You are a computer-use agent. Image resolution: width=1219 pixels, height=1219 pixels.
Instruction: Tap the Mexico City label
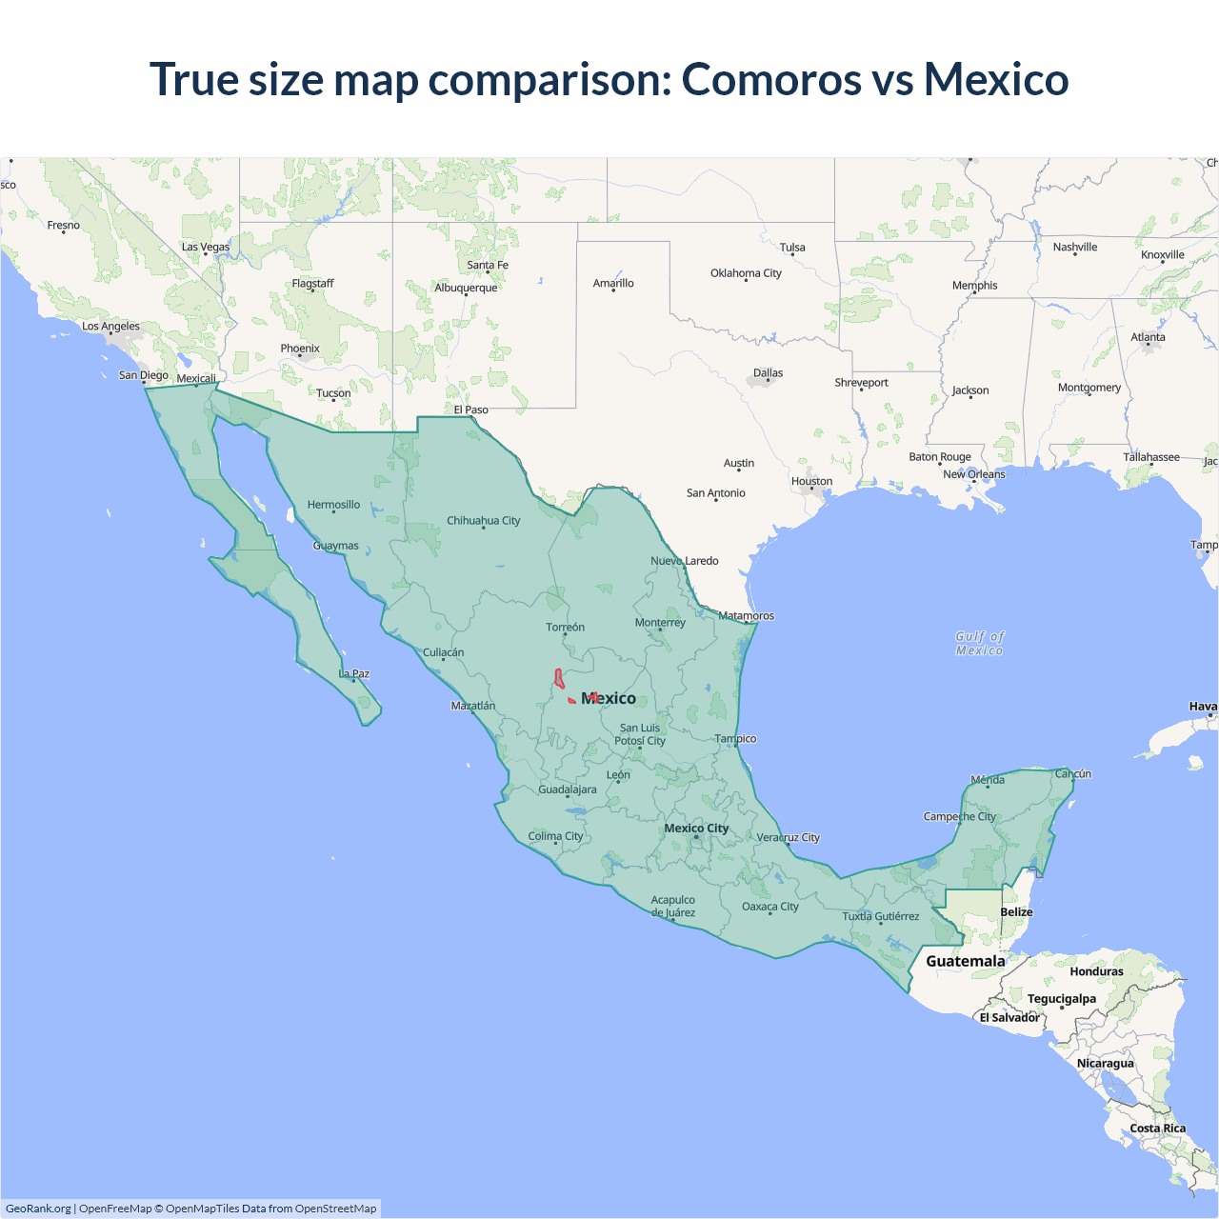click(696, 829)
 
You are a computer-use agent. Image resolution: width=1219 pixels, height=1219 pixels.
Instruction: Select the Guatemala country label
click(965, 961)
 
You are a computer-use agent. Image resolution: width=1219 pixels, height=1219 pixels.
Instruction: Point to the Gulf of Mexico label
click(980, 643)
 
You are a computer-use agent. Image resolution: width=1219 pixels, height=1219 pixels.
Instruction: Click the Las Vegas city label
click(206, 247)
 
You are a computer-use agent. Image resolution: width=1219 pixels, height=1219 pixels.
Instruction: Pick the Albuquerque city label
click(466, 288)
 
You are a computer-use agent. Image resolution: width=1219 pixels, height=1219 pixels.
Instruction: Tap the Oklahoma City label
click(746, 273)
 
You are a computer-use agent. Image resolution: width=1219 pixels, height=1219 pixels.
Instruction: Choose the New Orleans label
click(973, 474)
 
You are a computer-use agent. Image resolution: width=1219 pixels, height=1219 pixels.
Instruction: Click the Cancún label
click(1072, 773)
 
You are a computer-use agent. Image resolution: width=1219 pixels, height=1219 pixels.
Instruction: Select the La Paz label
click(354, 673)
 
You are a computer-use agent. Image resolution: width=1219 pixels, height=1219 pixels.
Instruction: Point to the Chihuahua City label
click(483, 521)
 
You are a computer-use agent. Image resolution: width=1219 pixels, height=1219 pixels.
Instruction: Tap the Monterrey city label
click(660, 623)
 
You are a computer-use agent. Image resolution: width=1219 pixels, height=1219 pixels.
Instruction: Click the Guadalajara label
click(568, 789)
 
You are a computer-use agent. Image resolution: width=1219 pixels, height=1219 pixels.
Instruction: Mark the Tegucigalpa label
click(1061, 999)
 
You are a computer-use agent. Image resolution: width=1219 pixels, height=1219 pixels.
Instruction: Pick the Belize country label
click(1016, 912)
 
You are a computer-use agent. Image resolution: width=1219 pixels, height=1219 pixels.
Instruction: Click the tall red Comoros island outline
click(559, 679)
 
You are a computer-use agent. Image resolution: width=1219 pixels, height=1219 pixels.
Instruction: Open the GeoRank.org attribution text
click(38, 1209)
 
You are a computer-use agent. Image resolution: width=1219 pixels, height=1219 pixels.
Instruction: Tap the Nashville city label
click(1075, 248)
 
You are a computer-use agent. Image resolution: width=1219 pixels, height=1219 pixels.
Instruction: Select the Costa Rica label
click(1157, 1129)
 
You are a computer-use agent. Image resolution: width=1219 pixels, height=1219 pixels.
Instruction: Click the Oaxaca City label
click(769, 907)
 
